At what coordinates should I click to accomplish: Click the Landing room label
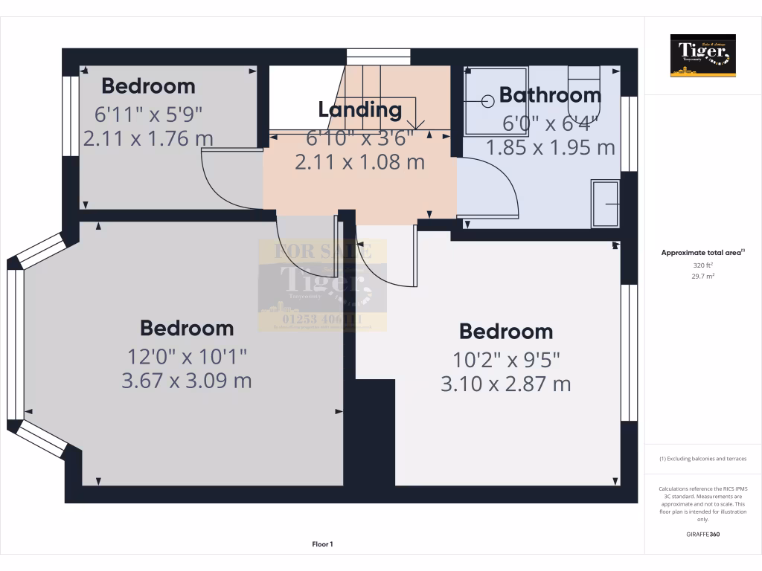point(360,110)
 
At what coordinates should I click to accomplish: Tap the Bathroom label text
point(550,95)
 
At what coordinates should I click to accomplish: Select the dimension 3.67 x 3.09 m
point(186,381)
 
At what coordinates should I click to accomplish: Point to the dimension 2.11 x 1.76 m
point(148,138)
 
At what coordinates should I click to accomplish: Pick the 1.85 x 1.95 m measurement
point(551,147)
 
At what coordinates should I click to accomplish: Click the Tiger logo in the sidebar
point(702,55)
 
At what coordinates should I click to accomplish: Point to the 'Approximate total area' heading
point(702,253)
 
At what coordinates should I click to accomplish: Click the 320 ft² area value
point(702,265)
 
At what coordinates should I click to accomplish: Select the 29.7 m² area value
point(702,276)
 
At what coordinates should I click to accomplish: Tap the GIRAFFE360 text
point(702,534)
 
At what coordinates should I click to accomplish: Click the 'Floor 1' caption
point(322,544)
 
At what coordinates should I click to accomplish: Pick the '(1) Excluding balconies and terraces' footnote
point(702,459)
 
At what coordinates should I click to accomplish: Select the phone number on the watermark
point(322,320)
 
